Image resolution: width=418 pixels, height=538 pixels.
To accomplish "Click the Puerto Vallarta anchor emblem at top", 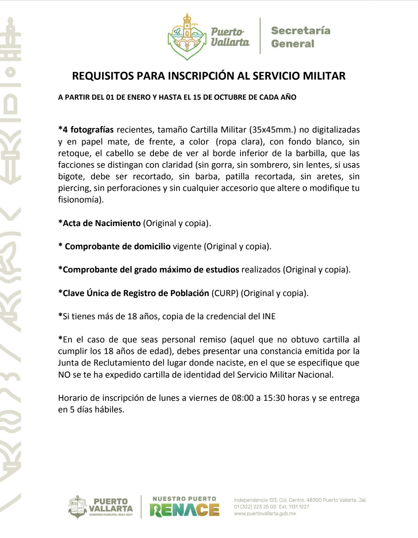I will [187, 37].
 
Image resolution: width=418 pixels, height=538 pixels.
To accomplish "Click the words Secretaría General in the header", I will [300, 37].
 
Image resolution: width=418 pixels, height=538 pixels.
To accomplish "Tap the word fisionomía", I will [81, 200].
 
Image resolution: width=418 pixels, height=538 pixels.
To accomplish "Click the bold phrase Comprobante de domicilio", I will [118, 247].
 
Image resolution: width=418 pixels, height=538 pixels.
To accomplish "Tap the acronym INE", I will [269, 317].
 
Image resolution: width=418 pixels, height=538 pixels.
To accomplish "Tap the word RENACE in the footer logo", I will [184, 510].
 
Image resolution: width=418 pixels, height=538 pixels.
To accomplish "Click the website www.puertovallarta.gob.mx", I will [265, 514].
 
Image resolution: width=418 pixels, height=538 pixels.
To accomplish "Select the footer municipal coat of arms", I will [77, 507].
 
